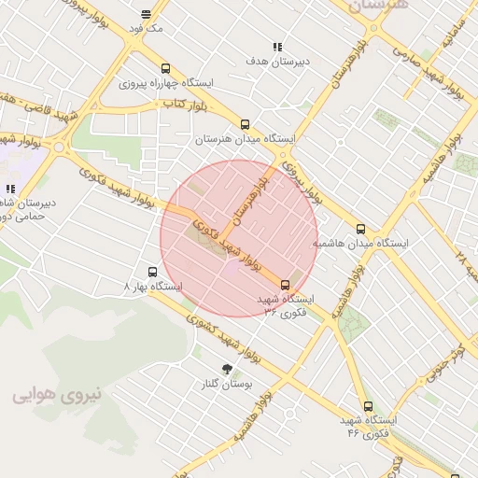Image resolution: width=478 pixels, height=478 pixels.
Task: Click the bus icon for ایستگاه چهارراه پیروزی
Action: tap(165, 68)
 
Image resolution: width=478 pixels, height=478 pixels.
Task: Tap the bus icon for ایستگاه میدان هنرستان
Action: tap(245, 124)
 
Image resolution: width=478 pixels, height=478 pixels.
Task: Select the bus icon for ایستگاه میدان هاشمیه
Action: tap(361, 228)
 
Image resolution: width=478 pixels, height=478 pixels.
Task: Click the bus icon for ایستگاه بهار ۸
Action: tap(152, 272)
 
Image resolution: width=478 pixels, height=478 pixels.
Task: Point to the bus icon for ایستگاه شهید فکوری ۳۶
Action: tap(285, 285)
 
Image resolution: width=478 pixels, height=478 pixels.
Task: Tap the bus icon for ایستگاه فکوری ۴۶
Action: tap(368, 407)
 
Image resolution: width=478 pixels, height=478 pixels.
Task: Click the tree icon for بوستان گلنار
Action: tap(226, 369)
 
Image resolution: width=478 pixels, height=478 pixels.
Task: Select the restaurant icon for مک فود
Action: tap(147, 14)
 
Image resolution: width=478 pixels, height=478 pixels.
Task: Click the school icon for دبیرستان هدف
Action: tap(276, 47)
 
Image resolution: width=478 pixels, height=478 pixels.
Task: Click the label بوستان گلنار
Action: tap(226, 384)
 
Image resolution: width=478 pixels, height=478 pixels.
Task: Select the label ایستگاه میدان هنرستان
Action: tap(245, 139)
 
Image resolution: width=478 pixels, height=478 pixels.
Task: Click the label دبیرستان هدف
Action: tap(276, 62)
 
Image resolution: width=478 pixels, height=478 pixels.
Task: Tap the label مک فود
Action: tap(147, 29)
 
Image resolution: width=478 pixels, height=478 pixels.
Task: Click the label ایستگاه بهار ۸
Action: tap(153, 287)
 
